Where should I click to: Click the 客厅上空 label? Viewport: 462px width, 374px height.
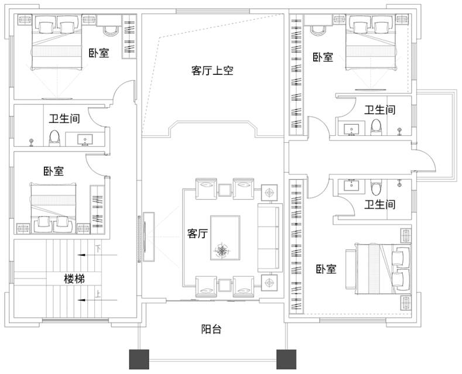tap(212, 71)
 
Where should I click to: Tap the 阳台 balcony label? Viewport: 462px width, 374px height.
tap(211, 329)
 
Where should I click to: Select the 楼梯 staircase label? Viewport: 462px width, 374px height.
tap(74, 279)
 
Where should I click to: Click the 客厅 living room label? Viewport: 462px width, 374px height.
tap(197, 234)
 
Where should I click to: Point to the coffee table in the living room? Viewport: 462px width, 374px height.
tap(225, 238)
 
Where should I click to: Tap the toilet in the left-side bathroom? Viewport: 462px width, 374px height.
tap(54, 138)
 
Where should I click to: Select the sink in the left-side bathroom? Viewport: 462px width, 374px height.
tap(85, 139)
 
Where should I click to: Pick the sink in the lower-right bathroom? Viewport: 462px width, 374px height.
tap(351, 185)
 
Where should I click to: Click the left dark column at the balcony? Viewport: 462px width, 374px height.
tap(139, 359)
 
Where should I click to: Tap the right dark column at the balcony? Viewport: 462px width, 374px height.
tap(286, 359)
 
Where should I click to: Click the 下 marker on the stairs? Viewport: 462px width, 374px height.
tap(98, 248)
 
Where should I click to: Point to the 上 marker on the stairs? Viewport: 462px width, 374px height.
tap(98, 294)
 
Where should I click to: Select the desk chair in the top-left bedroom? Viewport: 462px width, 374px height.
tap(110, 30)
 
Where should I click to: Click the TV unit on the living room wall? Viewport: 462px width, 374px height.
tap(149, 237)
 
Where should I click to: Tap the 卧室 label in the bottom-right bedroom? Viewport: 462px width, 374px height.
tap(326, 269)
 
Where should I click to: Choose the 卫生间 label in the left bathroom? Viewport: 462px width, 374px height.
tap(64, 119)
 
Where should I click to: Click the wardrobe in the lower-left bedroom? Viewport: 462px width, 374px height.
tap(97, 210)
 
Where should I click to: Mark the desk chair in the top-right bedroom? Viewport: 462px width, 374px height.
tap(317, 30)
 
